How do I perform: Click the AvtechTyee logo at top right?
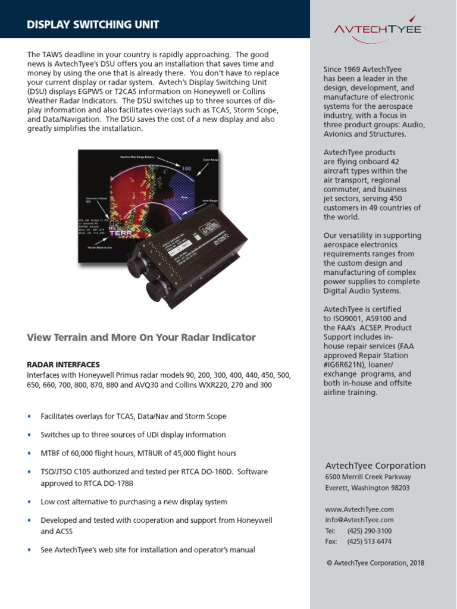click(x=378, y=30)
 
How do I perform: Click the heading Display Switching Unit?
click(x=93, y=24)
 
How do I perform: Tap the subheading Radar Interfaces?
click(x=64, y=365)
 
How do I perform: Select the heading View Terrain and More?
click(x=142, y=338)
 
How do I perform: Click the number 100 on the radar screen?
click(x=186, y=169)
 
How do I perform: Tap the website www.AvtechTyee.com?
click(x=359, y=510)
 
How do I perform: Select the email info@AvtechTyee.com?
click(x=359, y=520)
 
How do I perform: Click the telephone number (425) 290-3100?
click(x=370, y=531)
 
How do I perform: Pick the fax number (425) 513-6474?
click(x=370, y=542)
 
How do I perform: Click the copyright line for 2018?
click(x=375, y=563)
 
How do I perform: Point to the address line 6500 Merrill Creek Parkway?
click(x=368, y=477)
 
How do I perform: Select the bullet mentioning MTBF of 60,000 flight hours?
click(x=138, y=453)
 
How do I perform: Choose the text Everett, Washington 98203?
click(x=367, y=488)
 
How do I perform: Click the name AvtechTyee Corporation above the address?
click(x=375, y=466)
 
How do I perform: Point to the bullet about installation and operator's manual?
click(x=148, y=550)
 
